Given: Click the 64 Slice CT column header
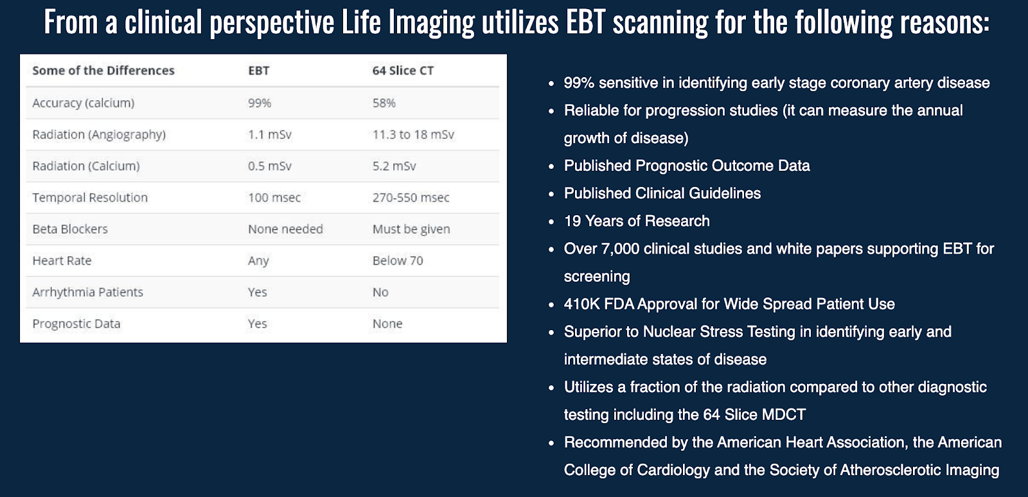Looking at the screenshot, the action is pyautogui.click(x=402, y=71).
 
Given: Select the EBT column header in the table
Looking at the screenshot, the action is pyautogui.click(x=259, y=71).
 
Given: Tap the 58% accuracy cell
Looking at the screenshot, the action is pyautogui.click(x=384, y=103).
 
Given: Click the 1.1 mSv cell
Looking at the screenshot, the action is pyautogui.click(x=269, y=134).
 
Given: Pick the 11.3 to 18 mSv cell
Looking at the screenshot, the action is pyautogui.click(x=413, y=134).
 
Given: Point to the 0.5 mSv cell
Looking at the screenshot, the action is pyautogui.click(x=269, y=166).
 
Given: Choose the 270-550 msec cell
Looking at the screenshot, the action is pyautogui.click(x=411, y=198).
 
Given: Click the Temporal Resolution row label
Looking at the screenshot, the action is pyautogui.click(x=90, y=198).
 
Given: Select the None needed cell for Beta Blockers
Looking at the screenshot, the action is pyautogui.click(x=285, y=229).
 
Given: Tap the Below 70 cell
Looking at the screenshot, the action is pyautogui.click(x=398, y=261).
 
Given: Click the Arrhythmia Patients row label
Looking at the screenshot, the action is pyautogui.click(x=87, y=292).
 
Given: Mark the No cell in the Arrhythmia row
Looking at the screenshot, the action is pyautogui.click(x=380, y=292).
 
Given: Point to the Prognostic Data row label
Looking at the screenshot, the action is pyautogui.click(x=76, y=324).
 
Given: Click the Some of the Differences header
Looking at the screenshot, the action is pyautogui.click(x=103, y=71).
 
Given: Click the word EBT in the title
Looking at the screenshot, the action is pyautogui.click(x=585, y=22).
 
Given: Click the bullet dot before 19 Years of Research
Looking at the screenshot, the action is pyautogui.click(x=551, y=222).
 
